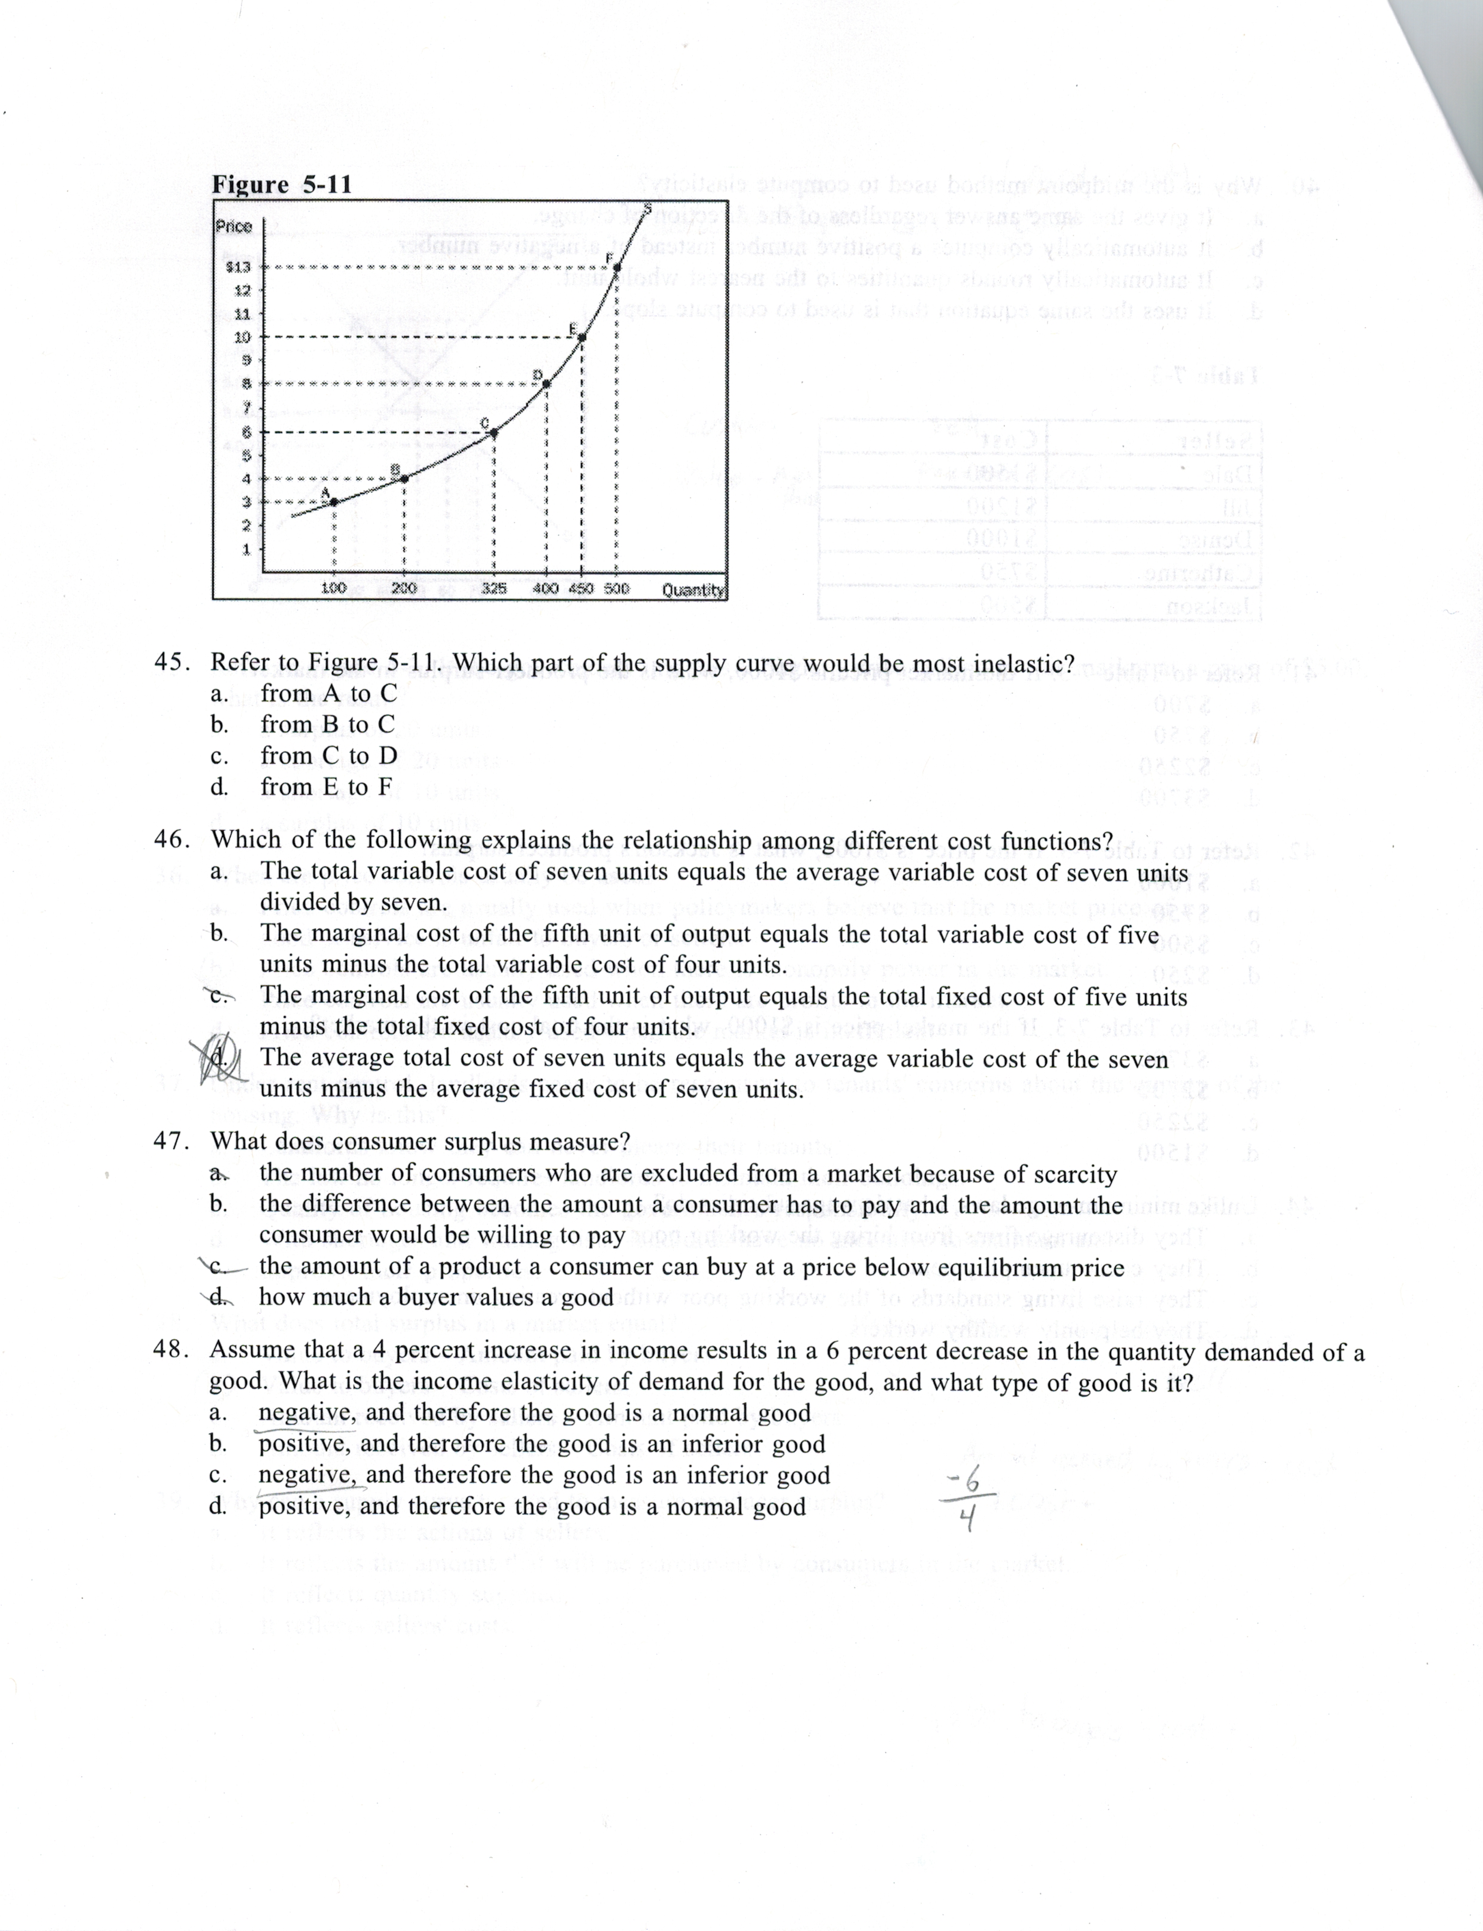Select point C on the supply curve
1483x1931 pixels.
pos(494,432)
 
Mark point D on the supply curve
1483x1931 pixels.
pos(546,384)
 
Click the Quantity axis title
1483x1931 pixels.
pos(693,590)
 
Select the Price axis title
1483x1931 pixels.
pos(234,226)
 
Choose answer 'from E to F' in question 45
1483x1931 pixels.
pos(327,786)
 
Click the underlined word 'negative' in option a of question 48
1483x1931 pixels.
pos(306,1414)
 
